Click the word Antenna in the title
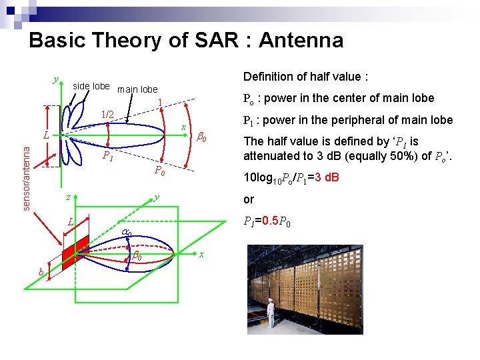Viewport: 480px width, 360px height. pos(301,41)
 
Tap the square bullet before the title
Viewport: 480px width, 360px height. pos(18,41)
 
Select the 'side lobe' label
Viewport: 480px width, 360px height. pos(91,86)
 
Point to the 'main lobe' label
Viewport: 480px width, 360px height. pos(137,89)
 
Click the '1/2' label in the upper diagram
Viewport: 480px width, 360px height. pos(107,115)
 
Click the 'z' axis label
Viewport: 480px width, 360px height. pos(67,198)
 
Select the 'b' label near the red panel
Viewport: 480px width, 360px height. pos(41,271)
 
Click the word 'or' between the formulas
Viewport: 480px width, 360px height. pos(249,200)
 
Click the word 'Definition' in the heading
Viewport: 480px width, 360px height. pos(266,76)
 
